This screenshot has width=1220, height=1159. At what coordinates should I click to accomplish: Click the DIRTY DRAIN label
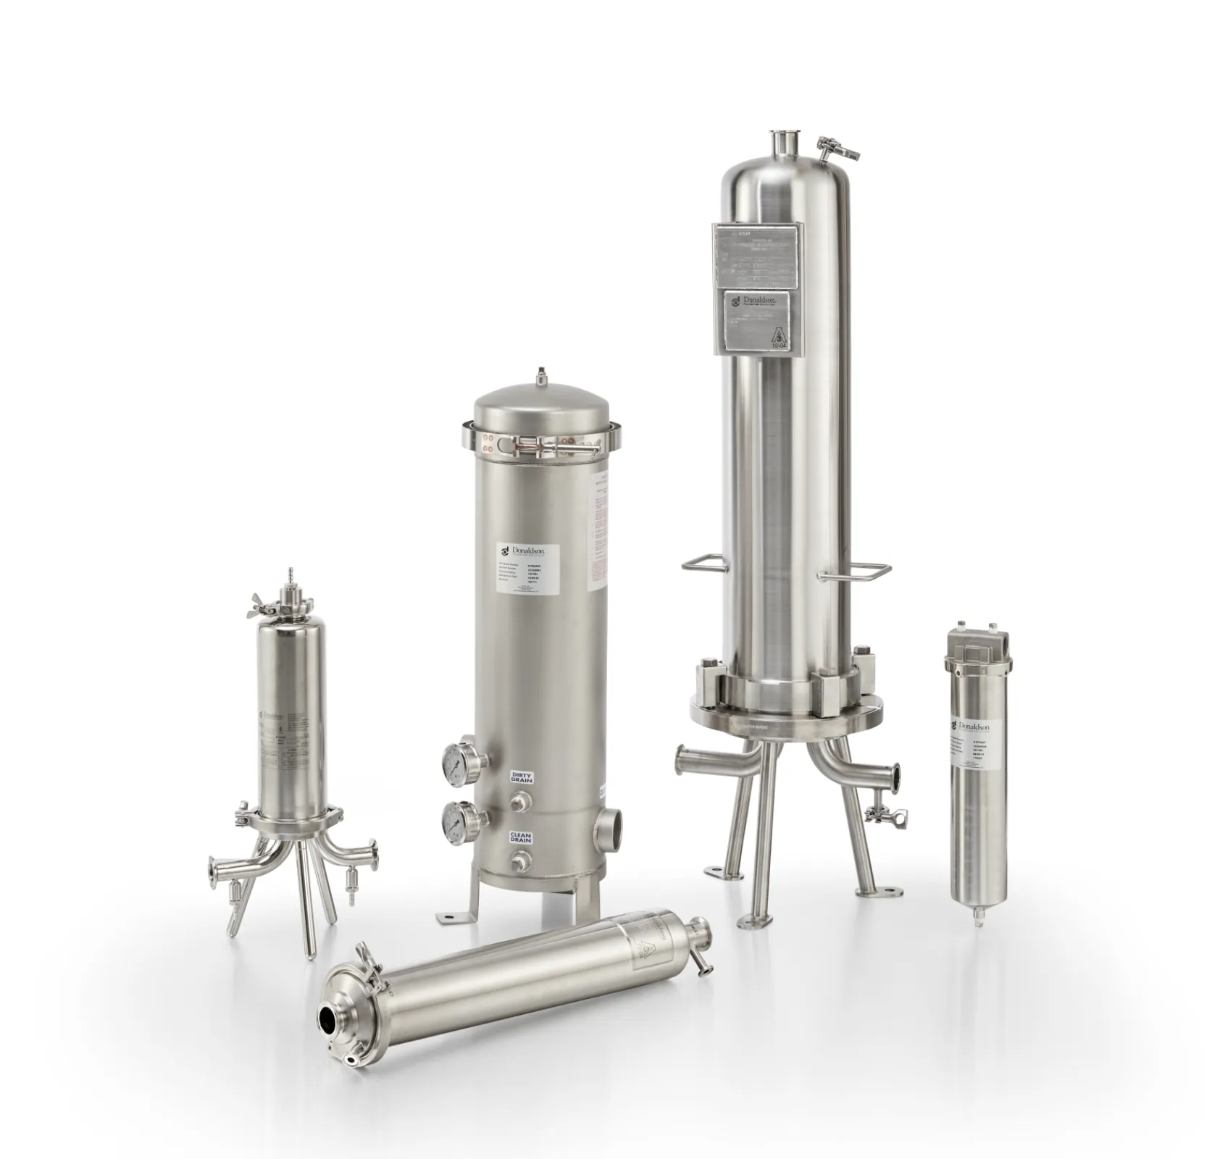tap(522, 777)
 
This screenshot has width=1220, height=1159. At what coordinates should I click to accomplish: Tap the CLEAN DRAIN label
tap(521, 837)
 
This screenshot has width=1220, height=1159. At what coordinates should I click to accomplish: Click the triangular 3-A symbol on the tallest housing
tap(780, 338)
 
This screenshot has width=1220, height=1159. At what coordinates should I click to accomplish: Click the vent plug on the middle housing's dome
tap(540, 377)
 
